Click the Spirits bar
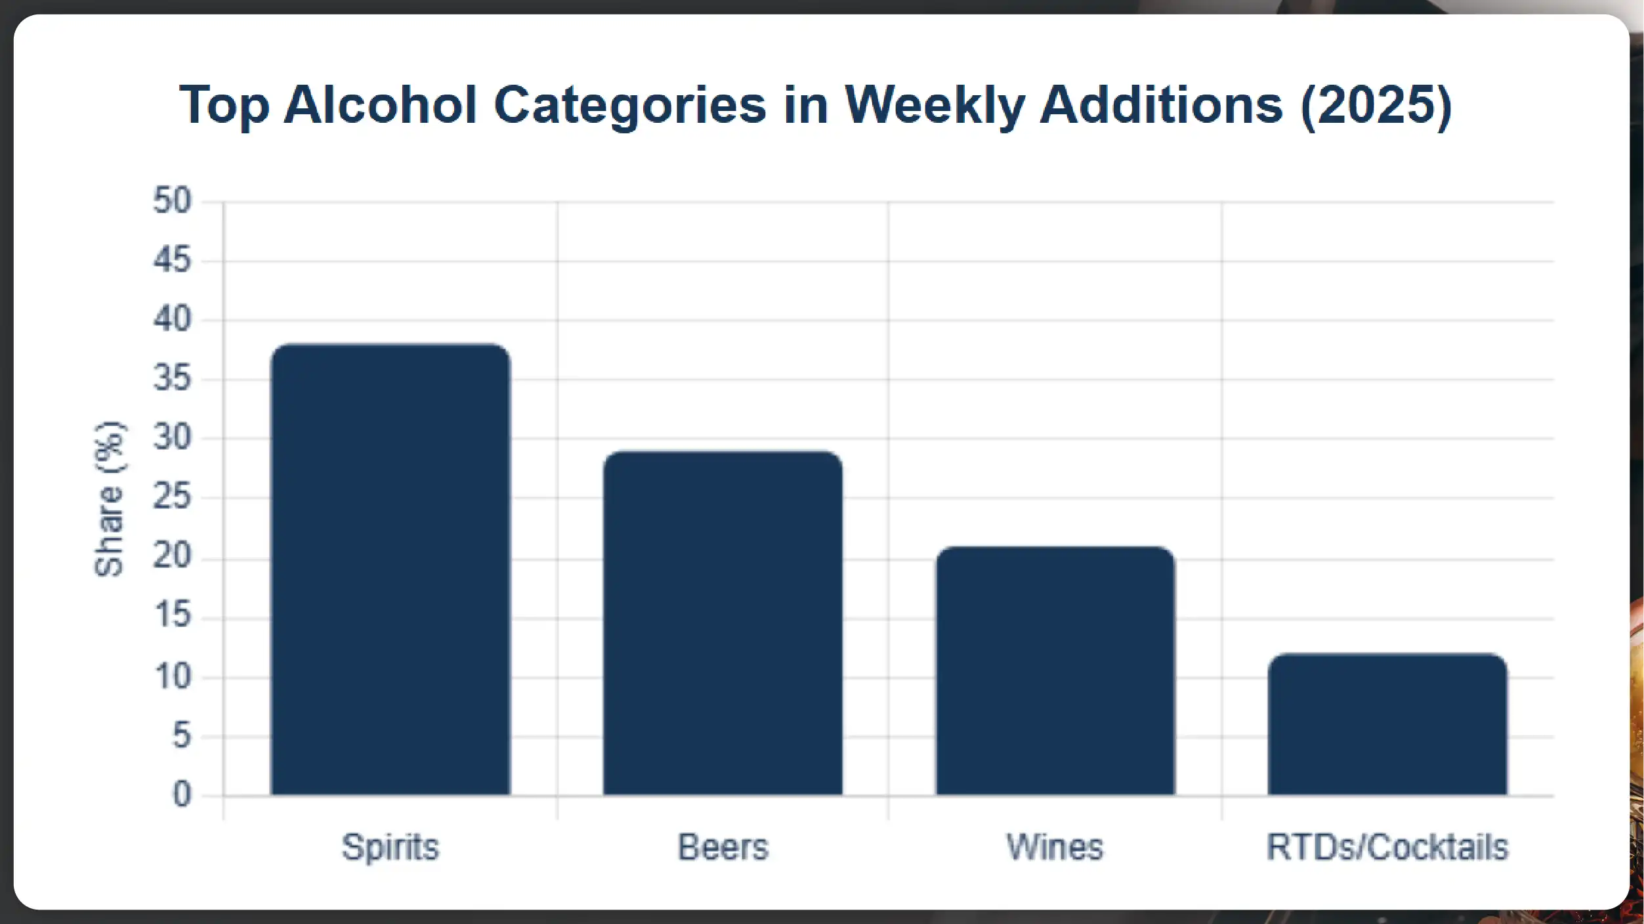[390, 569]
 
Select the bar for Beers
[723, 623]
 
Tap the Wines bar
[1055, 671]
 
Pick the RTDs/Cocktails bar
[1387, 724]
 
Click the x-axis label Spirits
[390, 847]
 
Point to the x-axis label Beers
[723, 847]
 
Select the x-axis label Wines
[1055, 847]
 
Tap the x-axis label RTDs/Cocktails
[1387, 847]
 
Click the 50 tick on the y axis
[172, 200]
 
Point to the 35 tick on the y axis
[172, 378]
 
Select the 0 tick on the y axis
[182, 795]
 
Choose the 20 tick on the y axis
[172, 557]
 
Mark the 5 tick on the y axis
[182, 736]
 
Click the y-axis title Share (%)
[109, 499]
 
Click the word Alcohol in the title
[380, 105]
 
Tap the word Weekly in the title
[934, 105]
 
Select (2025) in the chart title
[1376, 105]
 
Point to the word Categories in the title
[630, 105]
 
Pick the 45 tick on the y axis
[172, 260]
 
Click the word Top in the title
[224, 105]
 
